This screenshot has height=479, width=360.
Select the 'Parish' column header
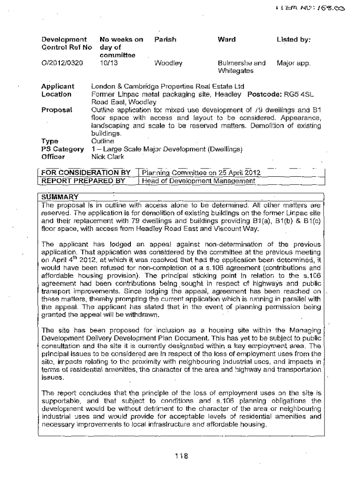pos(165,40)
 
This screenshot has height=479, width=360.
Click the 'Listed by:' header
pos(294,40)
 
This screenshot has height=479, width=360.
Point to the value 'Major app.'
pos(293,63)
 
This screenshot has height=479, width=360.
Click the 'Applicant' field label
pos(58,87)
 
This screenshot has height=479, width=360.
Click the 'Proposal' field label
pos(57,109)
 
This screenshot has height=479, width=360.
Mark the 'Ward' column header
pos(227,40)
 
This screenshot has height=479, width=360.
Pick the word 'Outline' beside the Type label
pos(103,141)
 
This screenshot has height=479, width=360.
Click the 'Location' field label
pos(57,94)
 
